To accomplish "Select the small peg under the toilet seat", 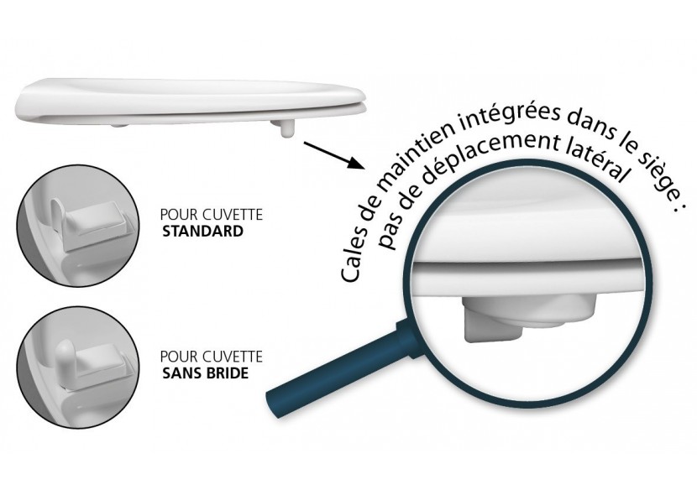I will (283, 127).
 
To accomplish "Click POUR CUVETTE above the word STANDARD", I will (211, 215).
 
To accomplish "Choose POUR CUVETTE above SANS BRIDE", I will (211, 357).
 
